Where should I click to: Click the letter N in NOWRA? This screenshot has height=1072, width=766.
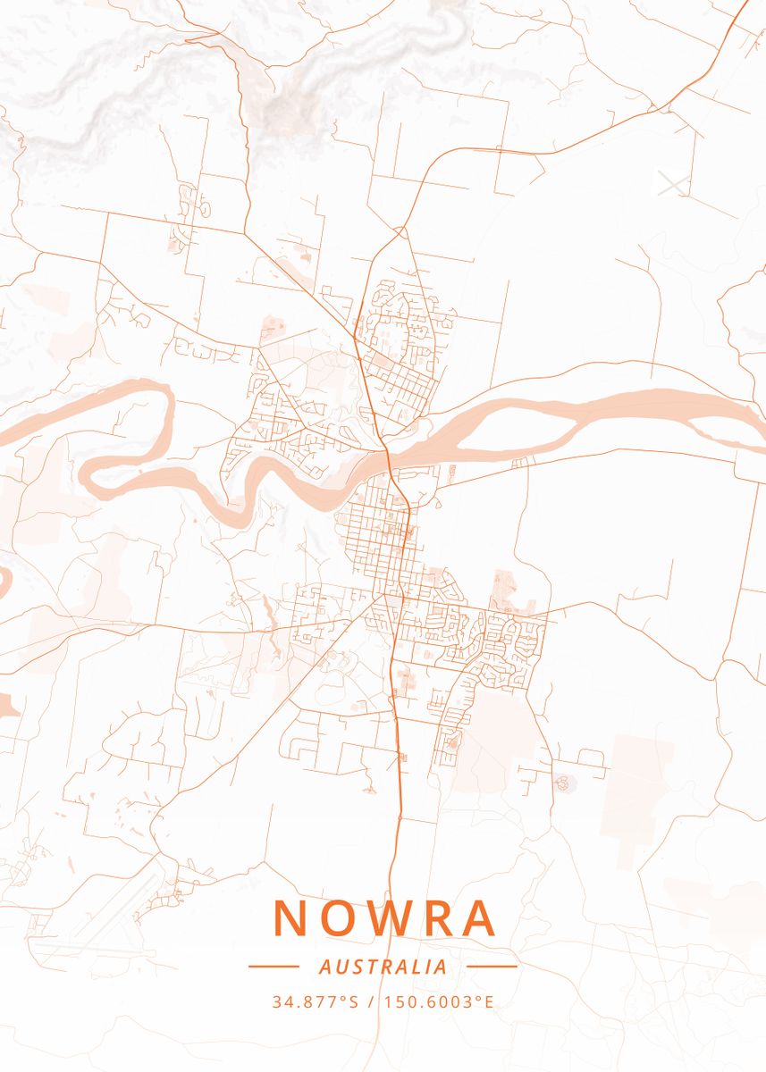point(290,917)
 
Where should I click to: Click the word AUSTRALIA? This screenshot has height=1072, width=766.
point(383,967)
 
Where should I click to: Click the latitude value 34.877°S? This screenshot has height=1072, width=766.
point(315,1001)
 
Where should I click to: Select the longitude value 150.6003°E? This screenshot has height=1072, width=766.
point(439,1001)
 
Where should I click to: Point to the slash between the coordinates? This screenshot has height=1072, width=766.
point(371,1001)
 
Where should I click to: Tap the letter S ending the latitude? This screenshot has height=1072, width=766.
point(353,1001)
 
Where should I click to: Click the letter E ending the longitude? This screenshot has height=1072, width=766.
point(489,1001)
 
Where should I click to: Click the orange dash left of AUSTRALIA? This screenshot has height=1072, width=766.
point(273,966)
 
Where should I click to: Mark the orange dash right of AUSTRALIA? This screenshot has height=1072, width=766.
point(492,966)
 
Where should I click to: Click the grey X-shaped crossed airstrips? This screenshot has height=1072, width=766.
point(673,183)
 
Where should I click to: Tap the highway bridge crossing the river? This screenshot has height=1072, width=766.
point(390,460)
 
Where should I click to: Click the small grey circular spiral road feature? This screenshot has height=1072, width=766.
point(563,783)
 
